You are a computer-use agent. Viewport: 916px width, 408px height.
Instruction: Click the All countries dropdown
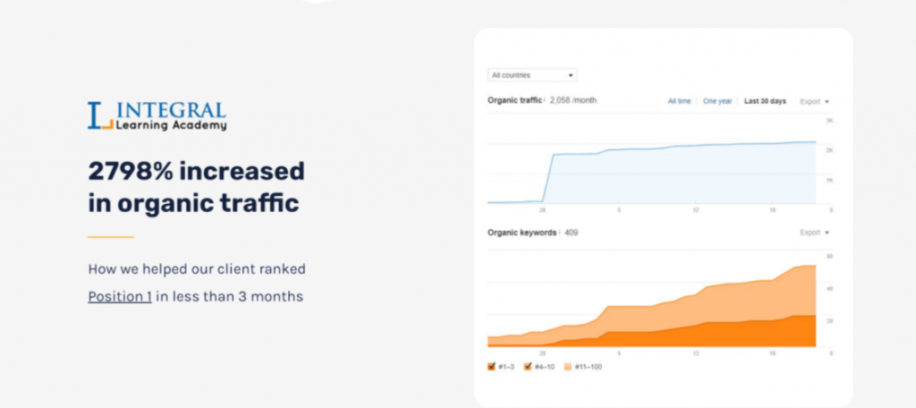pos(531,75)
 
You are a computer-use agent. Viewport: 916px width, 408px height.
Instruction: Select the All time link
pos(679,101)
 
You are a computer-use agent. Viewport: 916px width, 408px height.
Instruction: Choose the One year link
pos(717,101)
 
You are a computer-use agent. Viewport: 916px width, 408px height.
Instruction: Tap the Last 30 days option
pos(765,101)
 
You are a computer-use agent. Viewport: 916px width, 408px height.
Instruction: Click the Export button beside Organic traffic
pos(813,101)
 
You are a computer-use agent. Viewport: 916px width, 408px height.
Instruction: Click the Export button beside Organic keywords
pos(813,233)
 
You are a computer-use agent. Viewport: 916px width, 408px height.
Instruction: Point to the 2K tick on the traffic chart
pos(829,150)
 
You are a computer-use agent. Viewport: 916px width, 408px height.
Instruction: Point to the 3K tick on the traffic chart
pos(829,120)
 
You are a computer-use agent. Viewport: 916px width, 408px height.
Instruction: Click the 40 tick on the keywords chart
pos(829,289)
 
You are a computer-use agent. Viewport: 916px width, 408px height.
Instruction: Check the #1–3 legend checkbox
pos(492,367)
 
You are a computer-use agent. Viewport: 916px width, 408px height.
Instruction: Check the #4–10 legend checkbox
pos(528,367)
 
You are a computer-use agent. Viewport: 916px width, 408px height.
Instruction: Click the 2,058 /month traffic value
pos(572,100)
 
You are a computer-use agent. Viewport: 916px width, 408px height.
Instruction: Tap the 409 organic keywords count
pos(571,233)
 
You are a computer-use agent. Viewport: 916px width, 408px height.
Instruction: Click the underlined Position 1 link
pos(119,296)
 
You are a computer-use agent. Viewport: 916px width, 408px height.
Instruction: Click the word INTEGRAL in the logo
pos(171,110)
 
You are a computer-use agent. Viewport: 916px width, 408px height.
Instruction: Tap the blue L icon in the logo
pos(97,115)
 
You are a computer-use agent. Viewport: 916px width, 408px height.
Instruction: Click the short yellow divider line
pos(110,237)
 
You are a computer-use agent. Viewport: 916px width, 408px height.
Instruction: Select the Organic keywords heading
pos(522,233)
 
